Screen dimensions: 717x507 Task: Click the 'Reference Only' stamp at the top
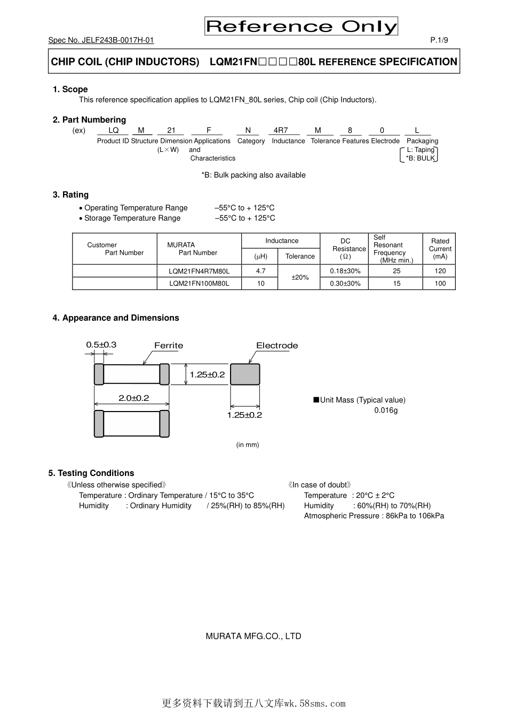pyautogui.click(x=301, y=26)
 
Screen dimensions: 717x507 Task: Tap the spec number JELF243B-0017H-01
pyautogui.click(x=101, y=41)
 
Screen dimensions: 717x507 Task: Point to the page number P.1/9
pyautogui.click(x=439, y=41)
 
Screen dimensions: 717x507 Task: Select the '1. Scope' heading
pyautogui.click(x=70, y=89)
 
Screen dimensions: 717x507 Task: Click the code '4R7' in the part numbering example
pyautogui.click(x=281, y=130)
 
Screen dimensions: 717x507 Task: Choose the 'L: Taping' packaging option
pyautogui.click(x=421, y=150)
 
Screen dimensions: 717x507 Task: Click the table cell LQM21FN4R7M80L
pyautogui.click(x=199, y=271)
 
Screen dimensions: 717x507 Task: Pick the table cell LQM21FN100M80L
pyautogui.click(x=199, y=284)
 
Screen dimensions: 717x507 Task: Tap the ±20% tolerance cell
pyautogui.click(x=300, y=277)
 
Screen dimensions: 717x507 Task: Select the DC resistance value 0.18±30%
pyautogui.click(x=345, y=271)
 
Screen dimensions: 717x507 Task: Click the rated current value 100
pyautogui.click(x=440, y=284)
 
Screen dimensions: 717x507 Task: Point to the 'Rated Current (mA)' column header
pyautogui.click(x=440, y=248)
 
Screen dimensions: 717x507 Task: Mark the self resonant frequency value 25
pyautogui.click(x=397, y=271)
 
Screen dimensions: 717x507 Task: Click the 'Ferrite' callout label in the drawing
pyautogui.click(x=169, y=345)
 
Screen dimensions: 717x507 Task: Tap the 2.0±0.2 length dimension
pyautogui.click(x=133, y=398)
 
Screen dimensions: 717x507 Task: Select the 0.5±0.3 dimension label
pyautogui.click(x=101, y=345)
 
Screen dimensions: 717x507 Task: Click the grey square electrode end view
pyautogui.click(x=245, y=374)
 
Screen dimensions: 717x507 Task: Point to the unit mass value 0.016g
pyautogui.click(x=386, y=410)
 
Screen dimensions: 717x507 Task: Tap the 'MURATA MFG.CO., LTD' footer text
pyautogui.click(x=253, y=636)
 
